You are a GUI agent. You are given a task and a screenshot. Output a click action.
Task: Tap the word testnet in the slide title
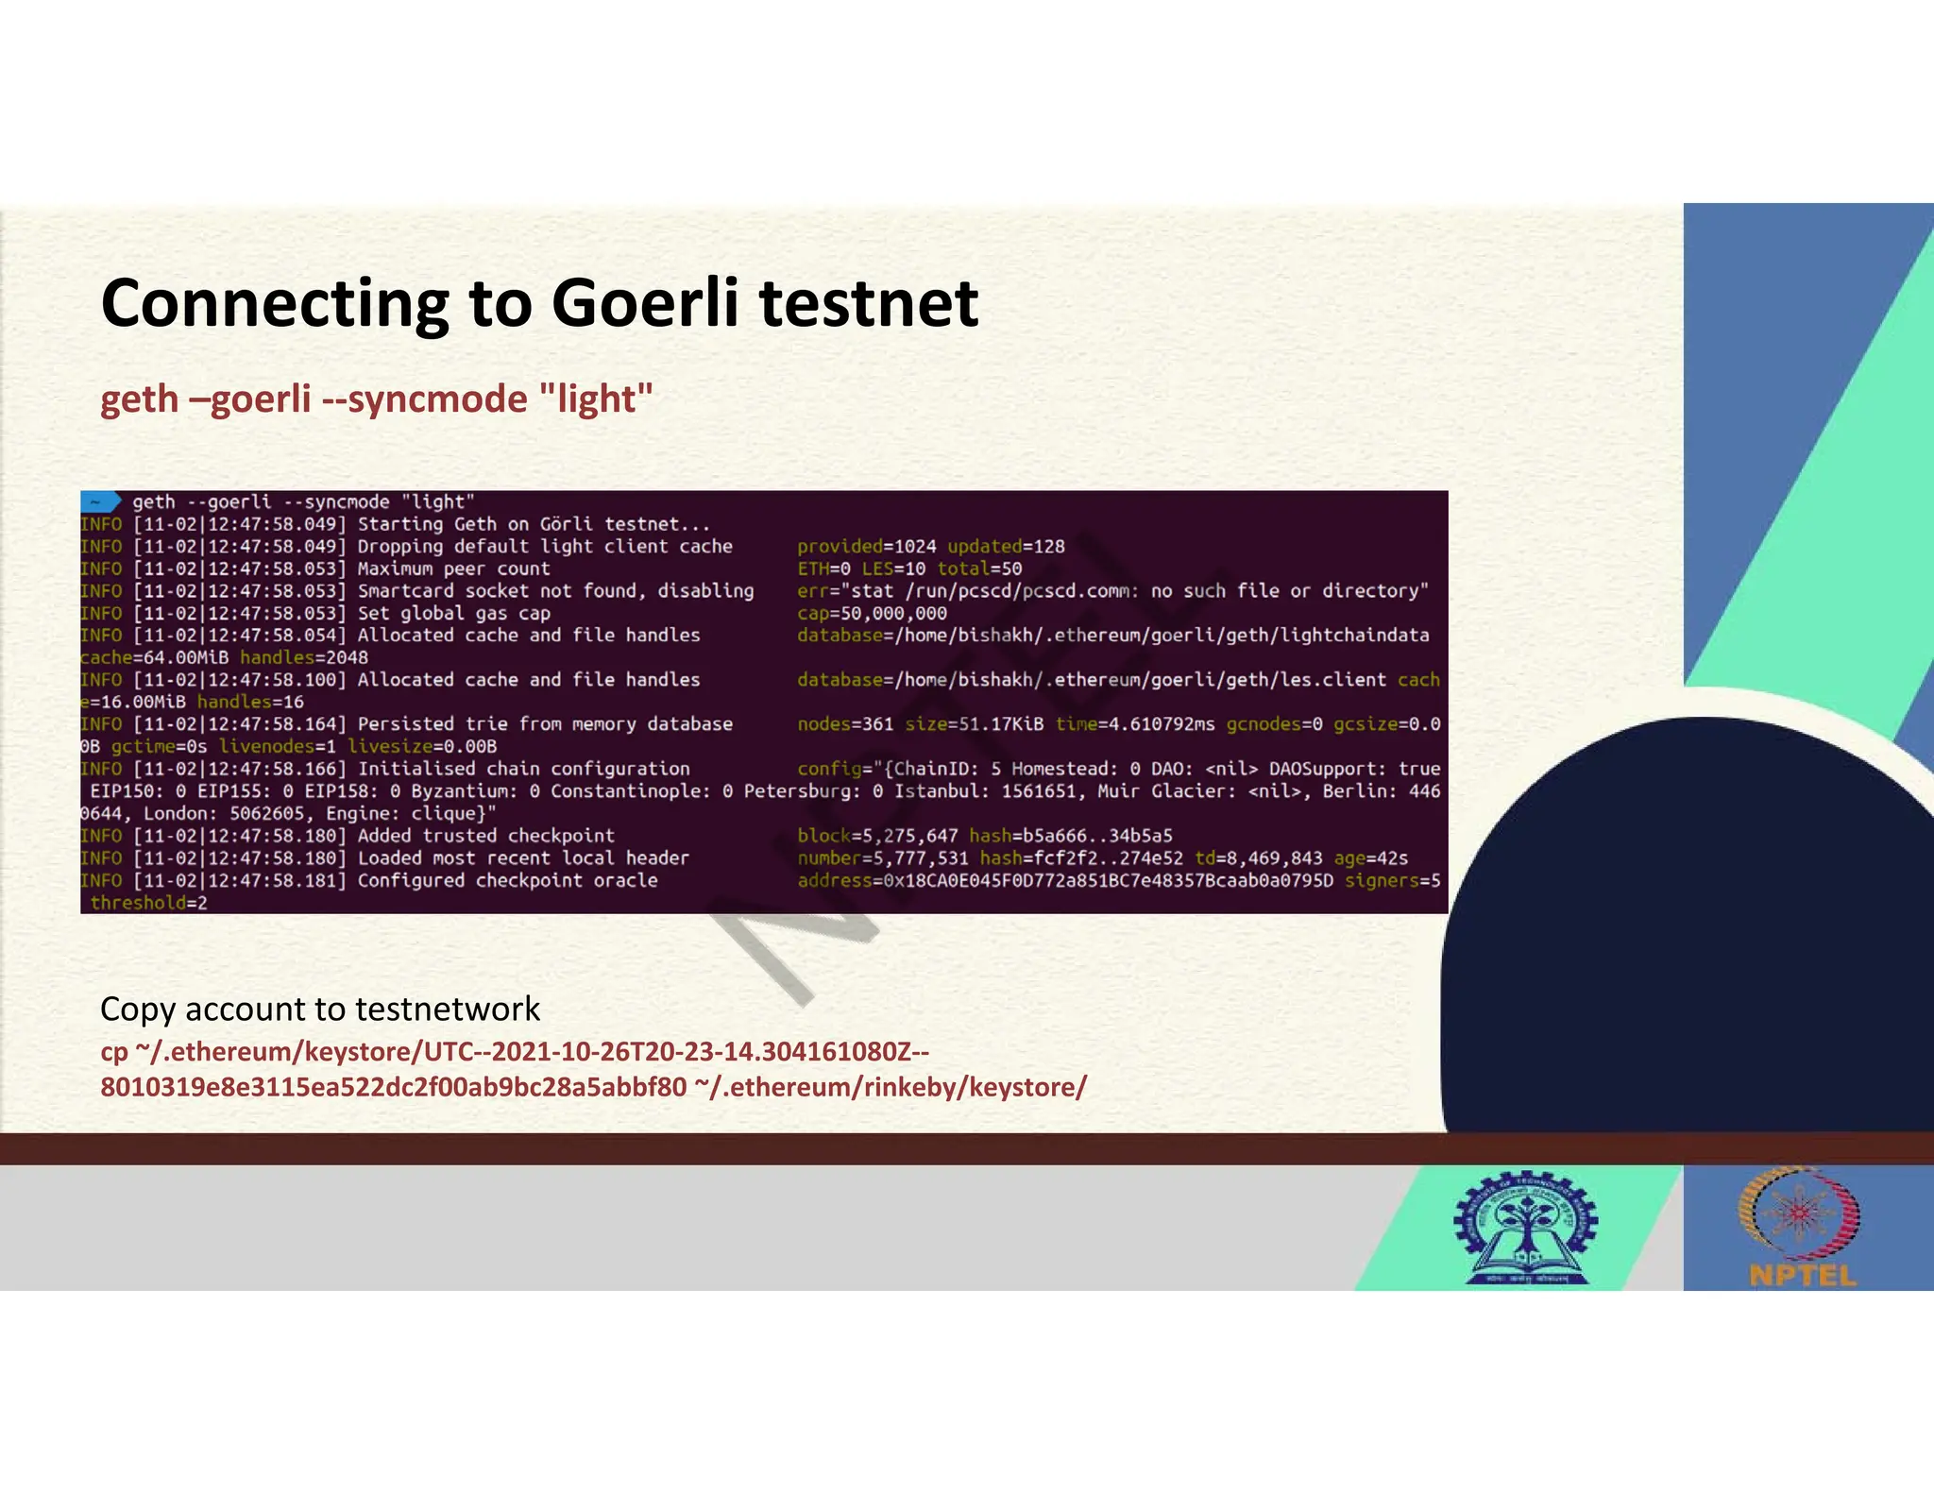click(869, 303)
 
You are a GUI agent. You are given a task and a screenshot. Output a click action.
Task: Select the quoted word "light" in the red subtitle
click(596, 399)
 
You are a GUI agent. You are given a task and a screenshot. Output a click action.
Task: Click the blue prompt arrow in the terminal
click(100, 501)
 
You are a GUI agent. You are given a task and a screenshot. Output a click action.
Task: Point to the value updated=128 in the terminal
click(1006, 547)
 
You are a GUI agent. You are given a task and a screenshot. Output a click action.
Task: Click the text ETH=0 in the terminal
click(823, 569)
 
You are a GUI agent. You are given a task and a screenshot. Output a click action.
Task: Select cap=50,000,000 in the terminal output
click(872, 613)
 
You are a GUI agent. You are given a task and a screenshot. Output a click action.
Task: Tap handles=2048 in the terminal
click(304, 657)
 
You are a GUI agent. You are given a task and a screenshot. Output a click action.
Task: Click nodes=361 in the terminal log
click(845, 724)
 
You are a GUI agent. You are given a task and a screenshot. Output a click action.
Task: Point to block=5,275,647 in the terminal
click(877, 836)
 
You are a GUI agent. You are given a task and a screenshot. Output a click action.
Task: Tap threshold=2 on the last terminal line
click(148, 903)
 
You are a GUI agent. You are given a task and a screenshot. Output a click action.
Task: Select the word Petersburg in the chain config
click(802, 791)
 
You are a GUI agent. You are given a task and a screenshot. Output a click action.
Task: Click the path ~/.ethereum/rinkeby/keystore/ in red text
click(891, 1087)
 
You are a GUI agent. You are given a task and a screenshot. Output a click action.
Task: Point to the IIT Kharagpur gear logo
click(1525, 1228)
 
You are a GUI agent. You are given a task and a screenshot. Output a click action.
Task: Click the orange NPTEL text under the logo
click(1802, 1276)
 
